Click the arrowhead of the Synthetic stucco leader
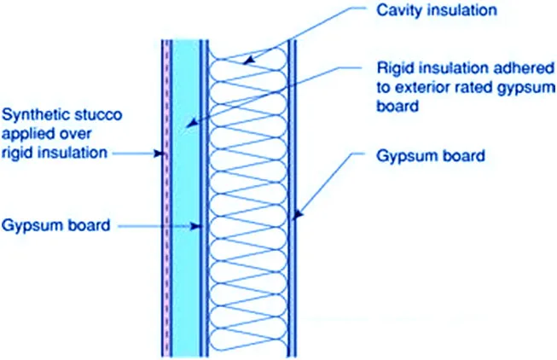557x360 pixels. pyautogui.click(x=158, y=154)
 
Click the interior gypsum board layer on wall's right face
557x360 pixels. pyautogui.click(x=293, y=256)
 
